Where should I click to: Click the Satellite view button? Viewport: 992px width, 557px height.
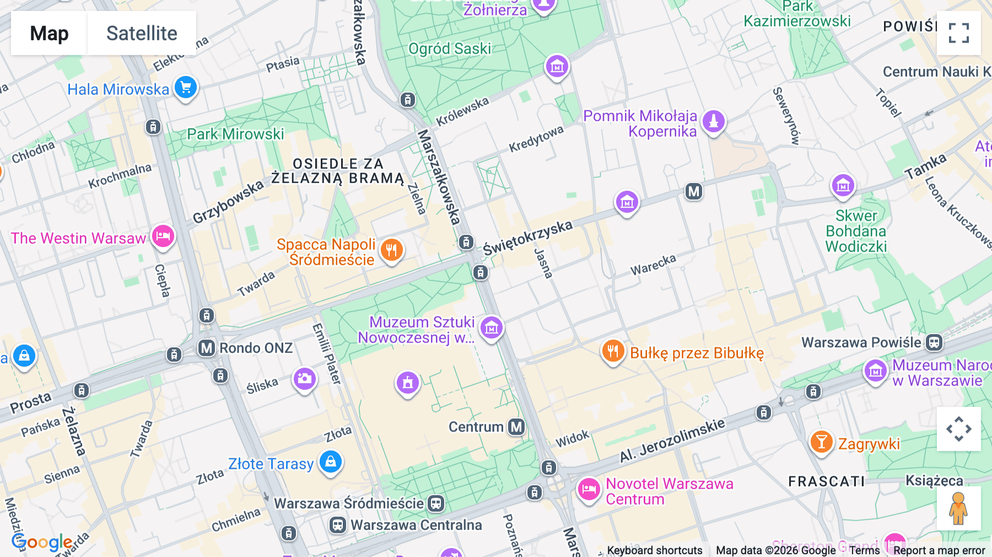pyautogui.click(x=142, y=33)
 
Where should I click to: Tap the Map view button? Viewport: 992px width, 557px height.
pyautogui.click(x=49, y=33)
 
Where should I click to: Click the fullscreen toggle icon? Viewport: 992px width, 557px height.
pyautogui.click(x=958, y=33)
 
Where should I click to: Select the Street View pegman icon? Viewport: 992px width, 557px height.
pyautogui.click(x=958, y=508)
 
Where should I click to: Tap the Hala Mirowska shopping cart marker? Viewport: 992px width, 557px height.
pyautogui.click(x=186, y=87)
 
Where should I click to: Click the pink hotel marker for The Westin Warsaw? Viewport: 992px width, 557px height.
pyautogui.click(x=163, y=236)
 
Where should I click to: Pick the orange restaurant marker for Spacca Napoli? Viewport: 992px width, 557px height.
pyautogui.click(x=391, y=250)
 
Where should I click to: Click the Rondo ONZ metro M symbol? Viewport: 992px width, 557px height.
pyautogui.click(x=207, y=348)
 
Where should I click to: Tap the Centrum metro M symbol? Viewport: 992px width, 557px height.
pyautogui.click(x=516, y=427)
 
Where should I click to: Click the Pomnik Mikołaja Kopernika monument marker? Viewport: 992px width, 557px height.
pyautogui.click(x=714, y=121)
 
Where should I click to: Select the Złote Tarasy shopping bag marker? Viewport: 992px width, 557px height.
pyautogui.click(x=331, y=461)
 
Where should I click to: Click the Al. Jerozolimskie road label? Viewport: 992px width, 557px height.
pyautogui.click(x=672, y=440)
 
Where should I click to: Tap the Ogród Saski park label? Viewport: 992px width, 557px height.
pyautogui.click(x=450, y=49)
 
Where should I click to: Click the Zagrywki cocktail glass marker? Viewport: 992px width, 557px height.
pyautogui.click(x=821, y=442)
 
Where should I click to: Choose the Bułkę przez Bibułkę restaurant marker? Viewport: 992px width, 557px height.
pyautogui.click(x=612, y=350)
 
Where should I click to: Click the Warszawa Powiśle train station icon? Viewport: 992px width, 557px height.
pyautogui.click(x=934, y=342)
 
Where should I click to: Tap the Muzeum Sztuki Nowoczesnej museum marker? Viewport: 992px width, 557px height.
pyautogui.click(x=491, y=328)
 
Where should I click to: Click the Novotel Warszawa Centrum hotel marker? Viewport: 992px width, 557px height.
pyautogui.click(x=589, y=489)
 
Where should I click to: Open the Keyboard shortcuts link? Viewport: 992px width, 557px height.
pyautogui.click(x=654, y=550)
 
